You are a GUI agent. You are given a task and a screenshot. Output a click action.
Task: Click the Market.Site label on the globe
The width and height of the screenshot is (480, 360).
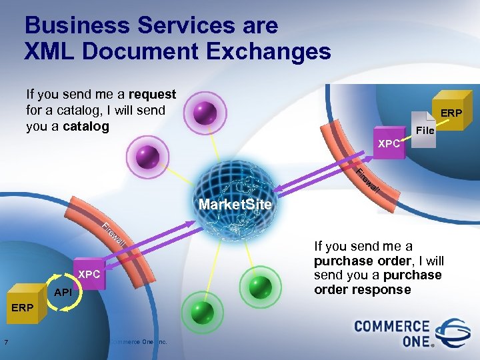(235, 205)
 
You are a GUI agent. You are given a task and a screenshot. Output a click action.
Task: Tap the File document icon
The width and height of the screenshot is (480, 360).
(424, 129)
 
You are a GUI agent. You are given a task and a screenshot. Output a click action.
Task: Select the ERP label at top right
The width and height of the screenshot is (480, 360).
(451, 113)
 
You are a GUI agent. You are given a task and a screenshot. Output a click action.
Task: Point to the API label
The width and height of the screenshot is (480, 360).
(63, 292)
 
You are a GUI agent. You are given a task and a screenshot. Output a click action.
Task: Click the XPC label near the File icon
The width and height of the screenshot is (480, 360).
(389, 143)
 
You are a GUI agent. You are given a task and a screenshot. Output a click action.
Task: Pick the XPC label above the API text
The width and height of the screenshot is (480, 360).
(90, 275)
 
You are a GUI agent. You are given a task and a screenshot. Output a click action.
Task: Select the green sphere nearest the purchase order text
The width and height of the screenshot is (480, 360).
(260, 287)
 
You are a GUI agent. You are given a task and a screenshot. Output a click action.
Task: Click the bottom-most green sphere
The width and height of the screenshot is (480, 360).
(201, 311)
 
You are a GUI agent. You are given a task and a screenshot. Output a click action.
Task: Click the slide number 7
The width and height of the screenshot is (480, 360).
(5, 343)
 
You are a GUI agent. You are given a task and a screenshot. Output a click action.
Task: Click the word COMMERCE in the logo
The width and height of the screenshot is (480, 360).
(391, 327)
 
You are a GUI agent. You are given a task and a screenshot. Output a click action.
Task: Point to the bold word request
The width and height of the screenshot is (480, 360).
(153, 95)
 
